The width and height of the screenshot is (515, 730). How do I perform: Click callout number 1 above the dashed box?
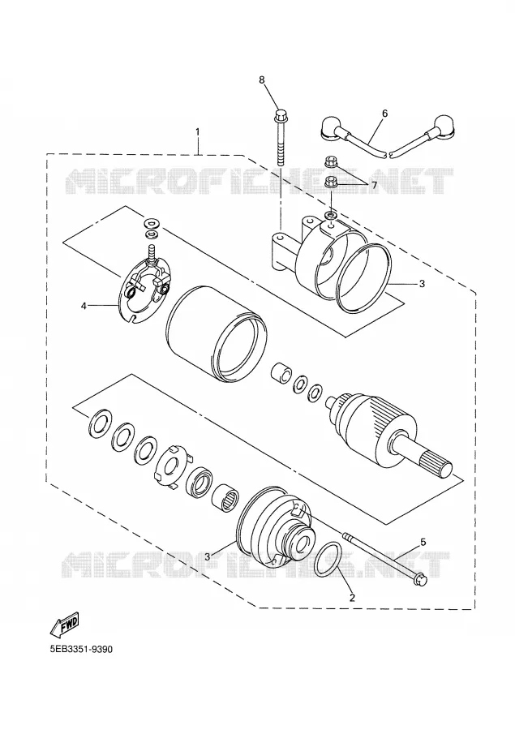pos(197,132)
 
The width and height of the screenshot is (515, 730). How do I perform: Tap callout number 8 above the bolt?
pos(262,80)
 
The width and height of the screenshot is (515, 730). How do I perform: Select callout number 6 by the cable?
pos(384,113)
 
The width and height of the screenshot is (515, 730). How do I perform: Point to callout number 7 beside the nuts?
pos(374,185)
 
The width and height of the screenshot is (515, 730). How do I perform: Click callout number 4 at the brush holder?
pos(84,306)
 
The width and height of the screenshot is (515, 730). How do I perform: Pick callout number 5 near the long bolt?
pos(423,542)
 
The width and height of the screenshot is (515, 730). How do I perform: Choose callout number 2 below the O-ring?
pos(352,597)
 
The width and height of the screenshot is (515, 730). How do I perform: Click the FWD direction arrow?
pos(64,624)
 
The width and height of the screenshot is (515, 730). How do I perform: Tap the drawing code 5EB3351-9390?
pos(81,649)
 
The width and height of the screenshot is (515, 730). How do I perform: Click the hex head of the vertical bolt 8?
pos(281,114)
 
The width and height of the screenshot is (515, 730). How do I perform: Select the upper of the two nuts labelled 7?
pos(329,163)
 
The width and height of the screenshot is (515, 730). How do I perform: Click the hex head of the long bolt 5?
pos(420,580)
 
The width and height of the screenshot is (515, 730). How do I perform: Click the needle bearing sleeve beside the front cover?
pos(225,498)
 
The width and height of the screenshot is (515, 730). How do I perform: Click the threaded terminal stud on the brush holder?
pos(152,252)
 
